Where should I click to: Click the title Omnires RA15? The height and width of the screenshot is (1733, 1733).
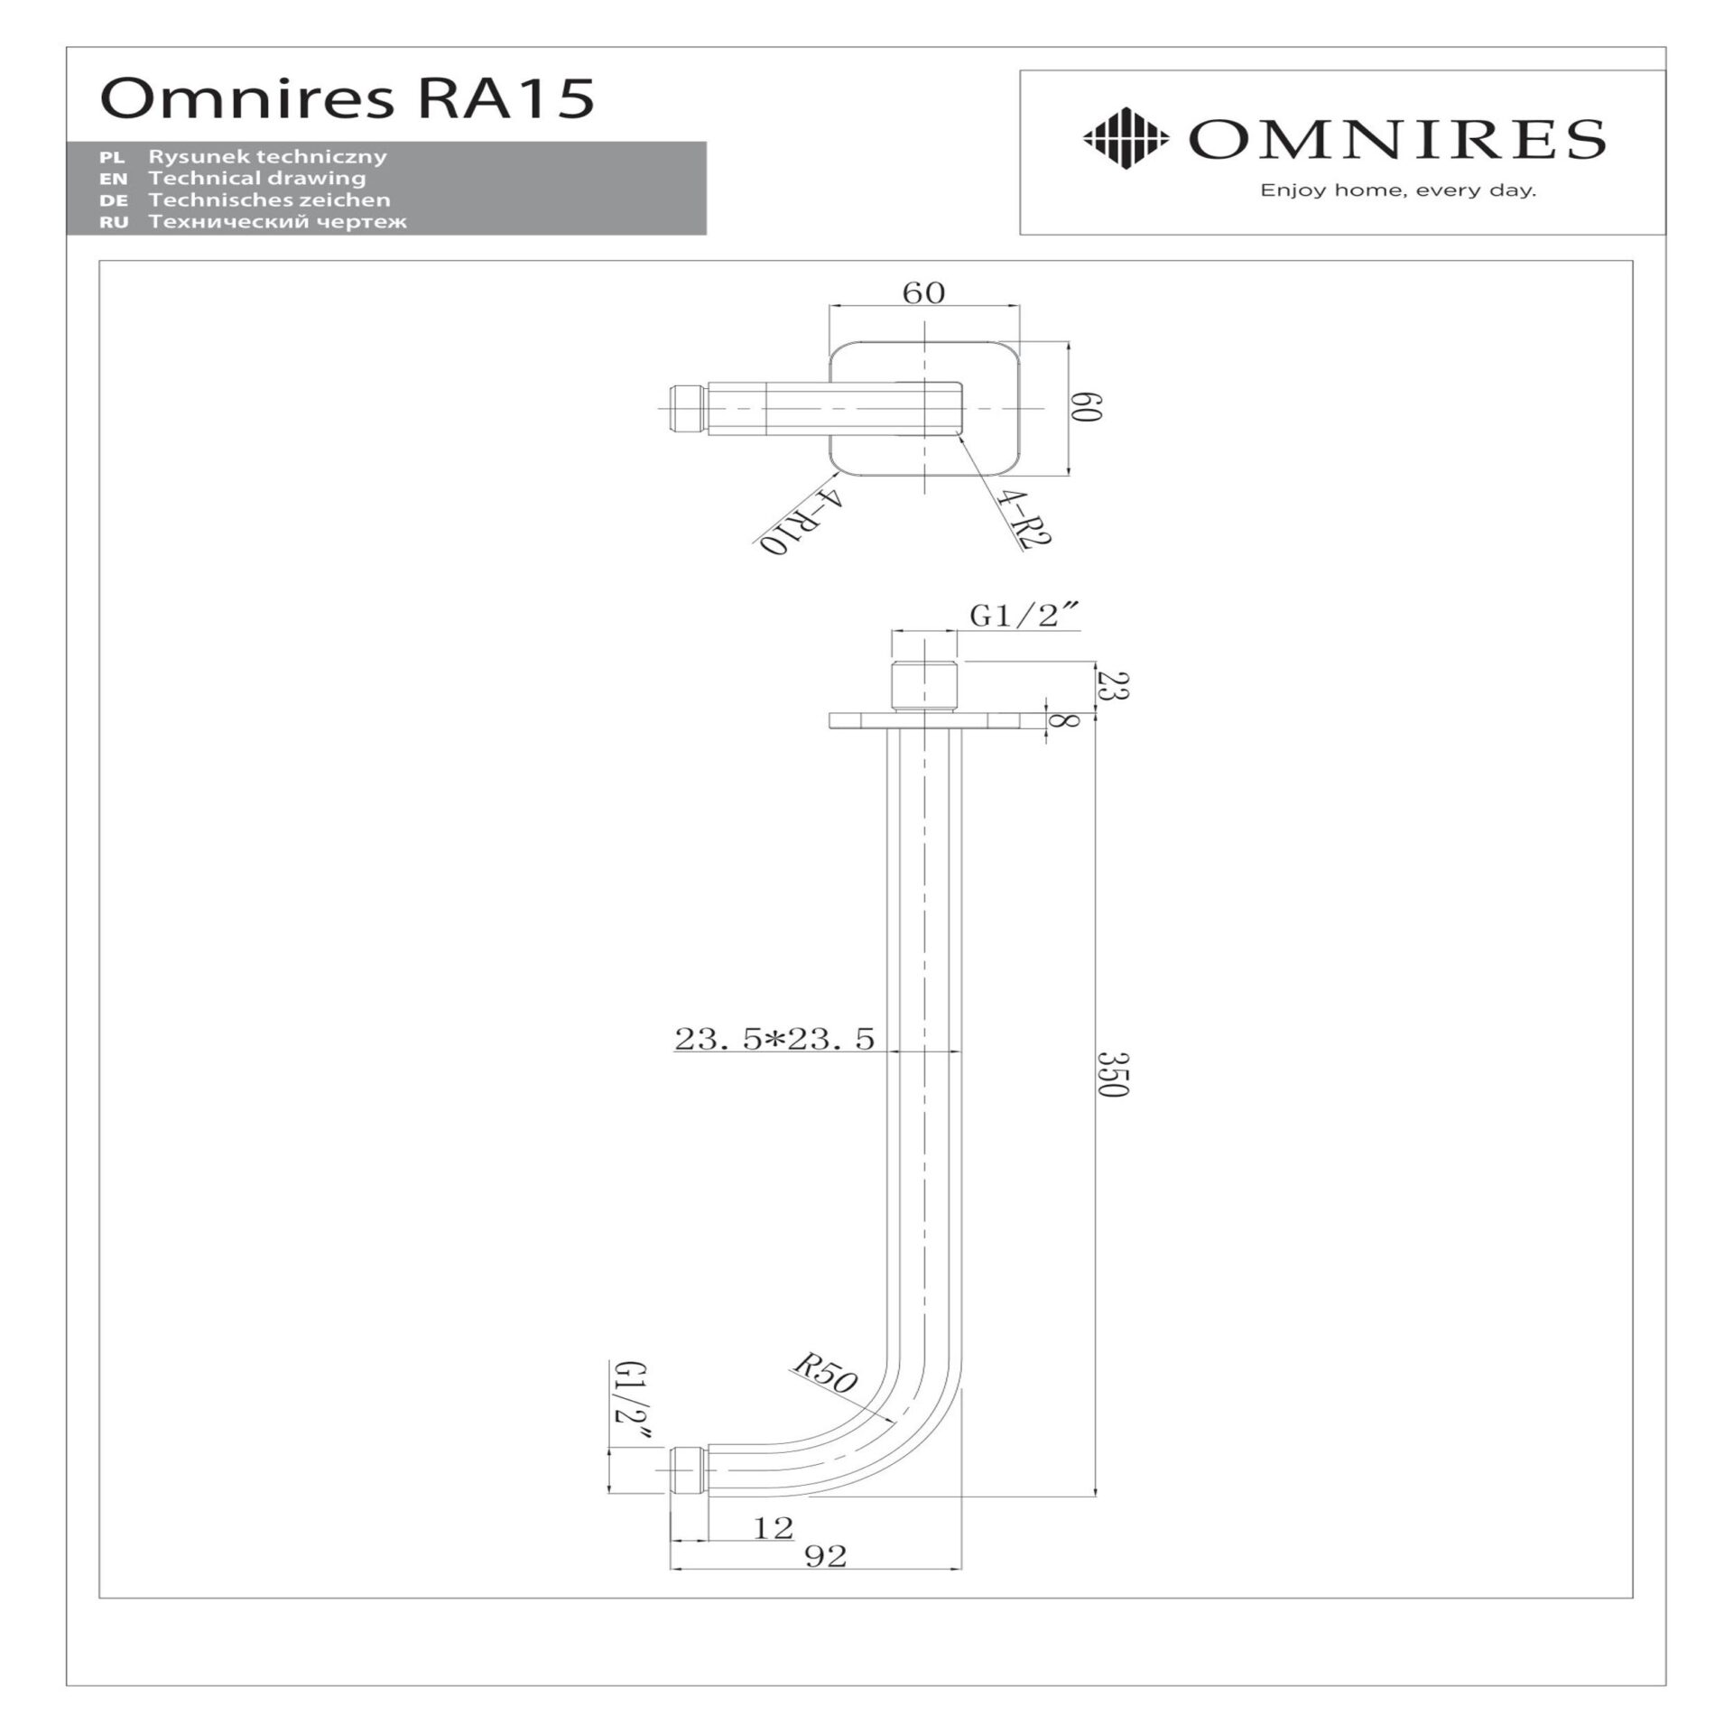(348, 97)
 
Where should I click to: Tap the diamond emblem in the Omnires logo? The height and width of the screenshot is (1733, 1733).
(1125, 139)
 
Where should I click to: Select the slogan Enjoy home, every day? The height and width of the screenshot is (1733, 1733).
(1397, 190)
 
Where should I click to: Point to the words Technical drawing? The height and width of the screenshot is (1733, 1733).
(256, 178)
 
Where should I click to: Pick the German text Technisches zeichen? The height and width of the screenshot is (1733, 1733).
(269, 199)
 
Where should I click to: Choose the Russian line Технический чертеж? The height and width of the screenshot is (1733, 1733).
(277, 221)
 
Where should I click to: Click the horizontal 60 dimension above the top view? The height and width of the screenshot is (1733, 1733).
(923, 293)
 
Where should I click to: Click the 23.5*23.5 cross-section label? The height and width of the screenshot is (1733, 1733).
(774, 1039)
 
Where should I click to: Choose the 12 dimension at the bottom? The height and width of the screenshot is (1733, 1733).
(773, 1528)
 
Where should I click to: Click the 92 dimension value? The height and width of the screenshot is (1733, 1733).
(825, 1556)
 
